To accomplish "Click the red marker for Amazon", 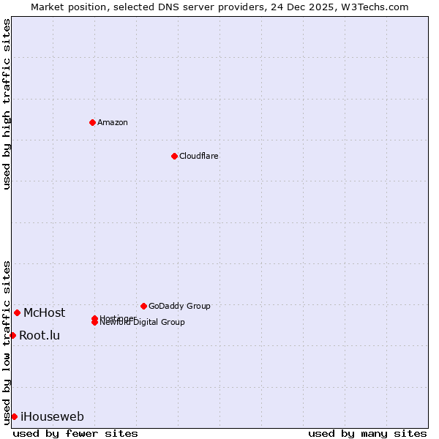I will [x=92, y=122].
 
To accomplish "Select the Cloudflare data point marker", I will [x=174, y=156].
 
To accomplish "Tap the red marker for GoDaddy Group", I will [x=143, y=306].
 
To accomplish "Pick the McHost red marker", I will [x=17, y=312].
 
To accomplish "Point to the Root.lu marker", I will [x=12, y=335].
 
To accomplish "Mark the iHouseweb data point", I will [x=14, y=416].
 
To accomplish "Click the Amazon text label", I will [x=113, y=122].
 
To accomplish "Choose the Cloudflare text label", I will [x=199, y=156].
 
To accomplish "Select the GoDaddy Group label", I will [x=179, y=306].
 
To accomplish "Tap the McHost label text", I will [x=44, y=313].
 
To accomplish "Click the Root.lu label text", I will [x=40, y=336].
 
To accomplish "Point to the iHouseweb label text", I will [x=52, y=417].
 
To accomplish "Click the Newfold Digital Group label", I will [x=143, y=323].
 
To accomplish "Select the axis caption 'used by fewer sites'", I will [x=75, y=433].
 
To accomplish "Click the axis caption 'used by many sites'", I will [x=367, y=433].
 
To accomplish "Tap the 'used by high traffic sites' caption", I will [x=7, y=104].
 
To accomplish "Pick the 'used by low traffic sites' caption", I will [x=7, y=342].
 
